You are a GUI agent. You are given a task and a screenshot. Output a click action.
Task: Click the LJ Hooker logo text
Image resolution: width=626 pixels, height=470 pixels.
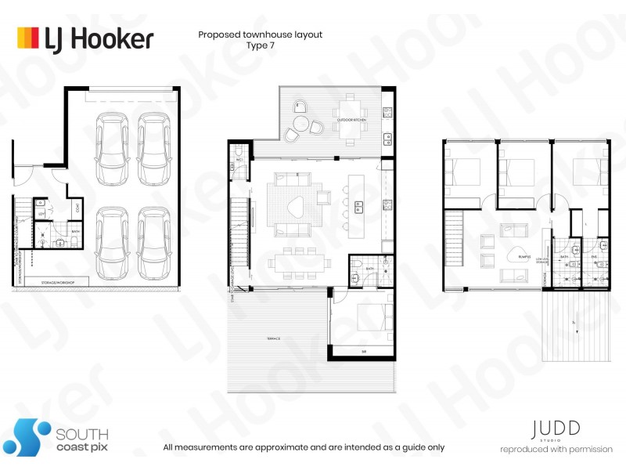(x=103, y=38)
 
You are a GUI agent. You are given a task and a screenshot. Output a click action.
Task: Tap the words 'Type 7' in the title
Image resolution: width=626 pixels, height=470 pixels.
(x=260, y=46)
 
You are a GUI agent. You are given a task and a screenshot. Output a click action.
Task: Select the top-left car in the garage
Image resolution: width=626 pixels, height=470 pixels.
(x=112, y=138)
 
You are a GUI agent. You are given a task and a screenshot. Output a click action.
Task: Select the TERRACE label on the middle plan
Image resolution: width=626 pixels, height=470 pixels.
(x=272, y=338)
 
